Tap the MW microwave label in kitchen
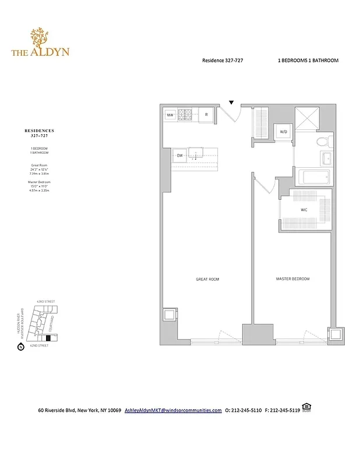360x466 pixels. click(170, 115)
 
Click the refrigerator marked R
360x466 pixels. click(206, 115)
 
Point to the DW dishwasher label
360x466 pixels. click(180, 156)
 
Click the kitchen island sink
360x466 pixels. click(197, 154)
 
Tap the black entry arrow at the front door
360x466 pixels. click(231, 103)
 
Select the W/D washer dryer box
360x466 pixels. click(284, 132)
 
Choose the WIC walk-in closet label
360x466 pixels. click(303, 209)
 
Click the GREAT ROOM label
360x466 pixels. click(207, 280)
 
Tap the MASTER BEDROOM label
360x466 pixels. click(292, 280)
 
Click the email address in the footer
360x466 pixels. click(173, 410)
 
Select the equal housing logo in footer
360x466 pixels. click(306, 407)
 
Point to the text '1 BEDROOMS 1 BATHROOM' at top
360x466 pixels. click(308, 61)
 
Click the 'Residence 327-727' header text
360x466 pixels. click(224, 61)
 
